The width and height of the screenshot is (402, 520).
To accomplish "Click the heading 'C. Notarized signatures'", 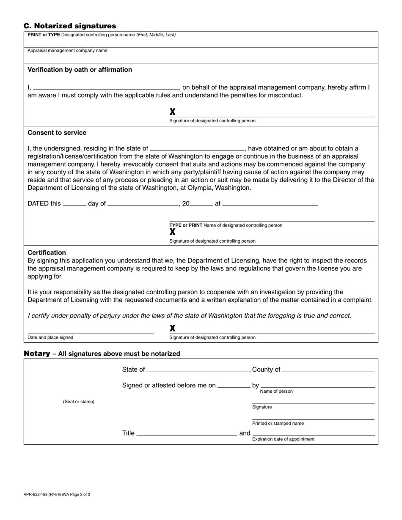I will [x=70, y=26].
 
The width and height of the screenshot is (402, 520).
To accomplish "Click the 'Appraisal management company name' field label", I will [x=67, y=51].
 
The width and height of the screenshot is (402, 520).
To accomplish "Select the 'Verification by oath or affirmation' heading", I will [x=80, y=70].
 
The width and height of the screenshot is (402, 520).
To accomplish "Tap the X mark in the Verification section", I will [x=173, y=112].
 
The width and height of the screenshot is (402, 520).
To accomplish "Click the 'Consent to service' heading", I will [x=57, y=133].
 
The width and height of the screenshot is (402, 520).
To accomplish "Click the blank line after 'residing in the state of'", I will [x=197, y=149].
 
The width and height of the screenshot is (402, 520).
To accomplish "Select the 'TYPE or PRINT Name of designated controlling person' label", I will [x=226, y=225].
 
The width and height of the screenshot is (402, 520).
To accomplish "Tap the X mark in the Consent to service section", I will [x=173, y=232].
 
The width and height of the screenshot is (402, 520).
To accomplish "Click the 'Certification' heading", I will [x=47, y=253].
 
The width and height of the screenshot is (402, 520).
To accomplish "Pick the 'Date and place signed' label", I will [x=50, y=338].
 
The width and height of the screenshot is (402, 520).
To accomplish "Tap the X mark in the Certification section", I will [x=173, y=328].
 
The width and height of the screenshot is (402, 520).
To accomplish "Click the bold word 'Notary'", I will [x=37, y=353].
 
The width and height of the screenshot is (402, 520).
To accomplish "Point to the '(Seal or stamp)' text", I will [x=79, y=402].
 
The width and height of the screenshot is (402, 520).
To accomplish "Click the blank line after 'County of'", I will [x=328, y=370].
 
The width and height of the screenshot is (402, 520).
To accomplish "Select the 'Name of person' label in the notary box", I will [x=276, y=391].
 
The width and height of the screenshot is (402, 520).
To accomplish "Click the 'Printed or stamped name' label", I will [x=278, y=424].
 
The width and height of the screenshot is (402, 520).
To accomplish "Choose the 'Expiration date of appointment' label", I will [x=283, y=439].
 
